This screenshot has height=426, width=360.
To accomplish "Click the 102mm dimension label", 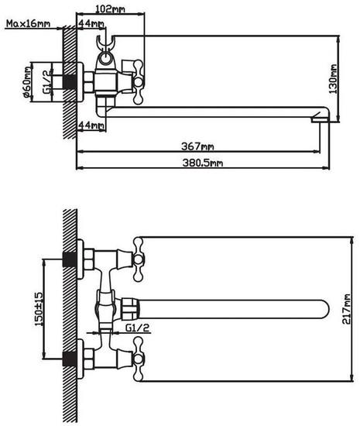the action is [x=110, y=9].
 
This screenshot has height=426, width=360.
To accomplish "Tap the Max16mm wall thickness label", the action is [x=28, y=24].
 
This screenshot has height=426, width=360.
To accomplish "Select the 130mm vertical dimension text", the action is [x=333, y=79].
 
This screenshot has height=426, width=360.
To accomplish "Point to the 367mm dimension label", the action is [x=197, y=146].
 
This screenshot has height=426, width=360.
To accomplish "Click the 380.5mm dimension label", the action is [x=203, y=163].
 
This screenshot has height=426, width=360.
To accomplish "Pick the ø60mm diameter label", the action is [x=27, y=82].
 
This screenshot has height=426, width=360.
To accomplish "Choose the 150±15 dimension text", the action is [x=39, y=309].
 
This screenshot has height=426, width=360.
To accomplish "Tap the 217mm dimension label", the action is [x=346, y=309].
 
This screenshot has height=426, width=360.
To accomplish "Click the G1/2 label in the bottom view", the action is [x=138, y=328].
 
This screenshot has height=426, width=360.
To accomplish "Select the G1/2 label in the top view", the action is [x=47, y=81].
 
